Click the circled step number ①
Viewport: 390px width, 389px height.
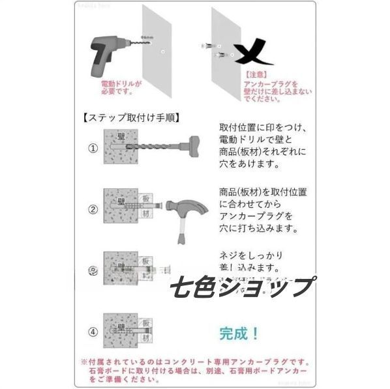[93, 147]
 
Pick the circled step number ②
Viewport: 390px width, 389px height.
[93, 209]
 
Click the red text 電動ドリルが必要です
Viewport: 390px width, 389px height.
[119, 88]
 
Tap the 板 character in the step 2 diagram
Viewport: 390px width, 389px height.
[147, 196]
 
